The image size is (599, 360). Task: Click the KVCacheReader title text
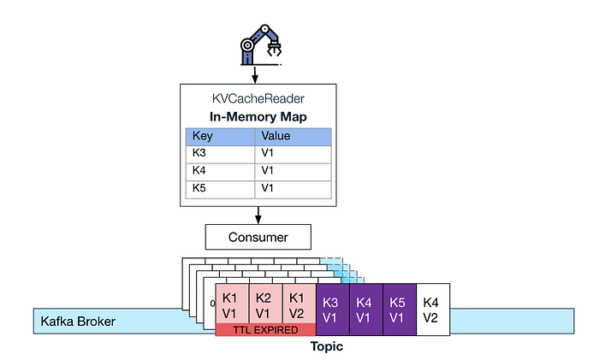pos(258,99)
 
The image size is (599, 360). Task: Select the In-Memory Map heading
pos(258,117)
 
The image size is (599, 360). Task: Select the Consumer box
pos(258,236)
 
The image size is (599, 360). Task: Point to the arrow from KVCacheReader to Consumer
pos(258,214)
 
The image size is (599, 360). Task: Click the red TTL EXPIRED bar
pos(265,330)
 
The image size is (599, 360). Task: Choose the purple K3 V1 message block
pos(332,305)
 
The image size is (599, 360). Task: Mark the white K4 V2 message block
pos(432,305)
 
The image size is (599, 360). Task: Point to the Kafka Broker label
pos(78,322)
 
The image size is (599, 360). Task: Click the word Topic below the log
pos(327,347)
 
